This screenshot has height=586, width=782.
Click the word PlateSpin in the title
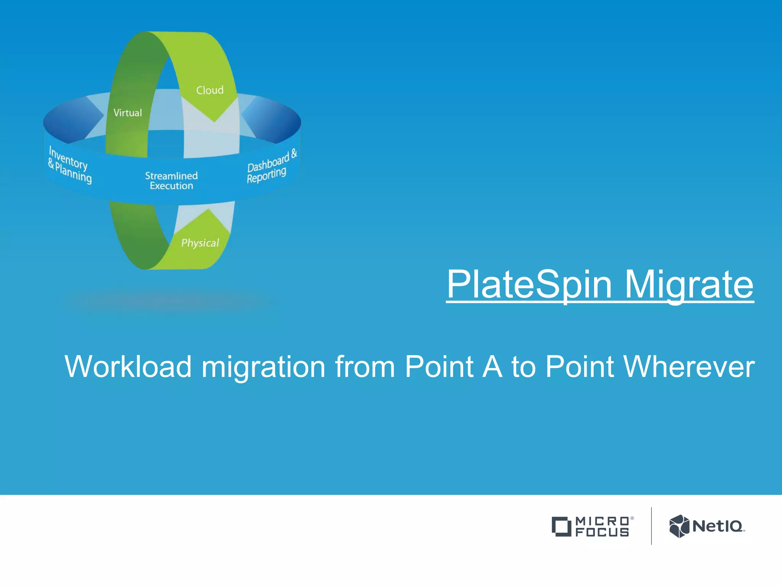point(529,284)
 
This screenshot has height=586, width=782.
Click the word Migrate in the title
point(689,284)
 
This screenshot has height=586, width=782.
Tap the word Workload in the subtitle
point(128,367)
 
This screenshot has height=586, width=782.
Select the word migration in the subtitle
point(263,367)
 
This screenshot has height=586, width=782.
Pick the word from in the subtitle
point(365,367)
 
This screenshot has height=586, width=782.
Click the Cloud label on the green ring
point(210,90)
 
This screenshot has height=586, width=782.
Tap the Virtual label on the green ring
point(128,113)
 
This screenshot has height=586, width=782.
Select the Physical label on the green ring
point(200,243)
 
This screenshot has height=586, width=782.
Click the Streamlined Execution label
point(171,181)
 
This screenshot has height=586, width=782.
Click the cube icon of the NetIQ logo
point(679,526)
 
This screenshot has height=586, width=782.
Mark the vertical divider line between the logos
point(651,526)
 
